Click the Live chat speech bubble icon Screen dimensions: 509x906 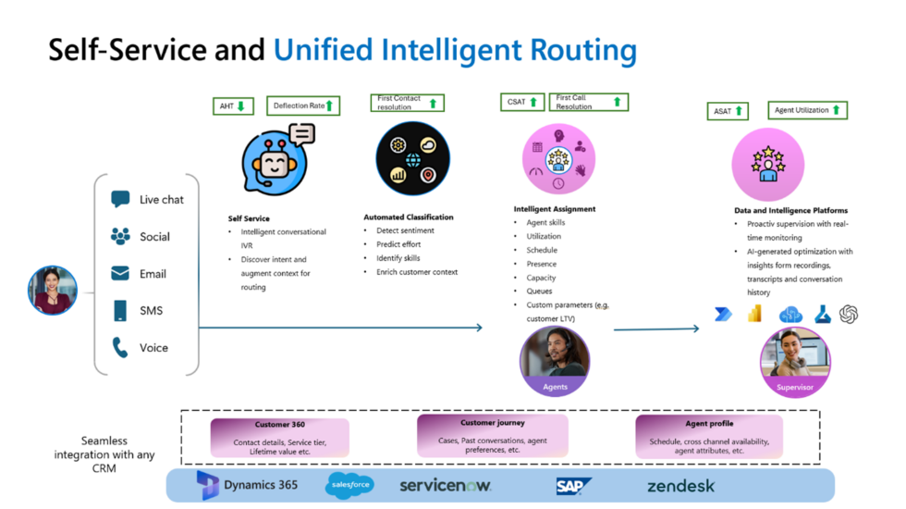[120, 199]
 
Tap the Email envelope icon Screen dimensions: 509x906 [120, 274]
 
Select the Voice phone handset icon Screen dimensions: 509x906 [120, 347]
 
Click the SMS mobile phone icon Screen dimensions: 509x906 [120, 311]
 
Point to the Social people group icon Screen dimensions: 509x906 [120, 236]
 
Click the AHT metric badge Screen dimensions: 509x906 [232, 106]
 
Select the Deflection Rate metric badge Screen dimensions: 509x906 [303, 106]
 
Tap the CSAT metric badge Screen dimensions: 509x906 [522, 102]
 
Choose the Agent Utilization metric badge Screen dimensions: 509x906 [808, 110]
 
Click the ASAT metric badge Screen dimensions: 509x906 [728, 111]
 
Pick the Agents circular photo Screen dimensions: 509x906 [555, 361]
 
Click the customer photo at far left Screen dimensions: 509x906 [53, 290]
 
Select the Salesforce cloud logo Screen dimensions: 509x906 [349, 485]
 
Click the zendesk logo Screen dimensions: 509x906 [680, 486]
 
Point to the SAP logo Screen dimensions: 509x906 [573, 486]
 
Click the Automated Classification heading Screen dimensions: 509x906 [408, 217]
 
